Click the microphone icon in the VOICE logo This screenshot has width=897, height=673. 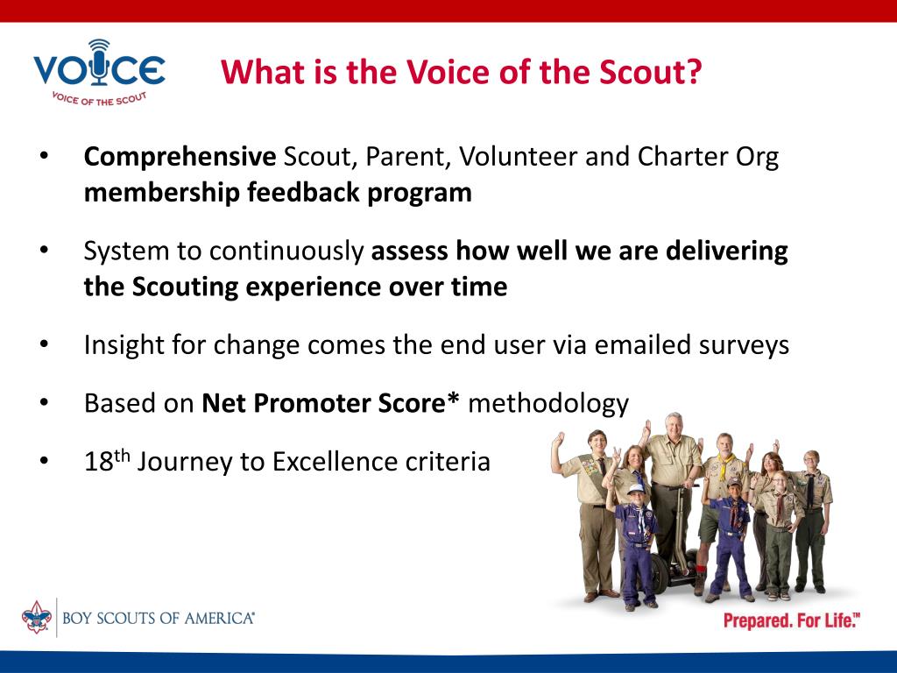click(100, 62)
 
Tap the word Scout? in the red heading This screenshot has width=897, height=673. click(651, 72)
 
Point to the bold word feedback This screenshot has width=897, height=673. click(302, 192)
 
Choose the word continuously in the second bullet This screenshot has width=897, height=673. click(286, 251)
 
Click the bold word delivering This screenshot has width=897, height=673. click(726, 251)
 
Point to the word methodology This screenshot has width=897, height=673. click(548, 404)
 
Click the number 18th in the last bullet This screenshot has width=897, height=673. click(107, 461)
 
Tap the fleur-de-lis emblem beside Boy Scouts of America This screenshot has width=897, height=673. click(37, 617)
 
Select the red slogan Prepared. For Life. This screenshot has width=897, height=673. click(792, 621)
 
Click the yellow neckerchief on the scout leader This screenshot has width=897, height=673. click(725, 465)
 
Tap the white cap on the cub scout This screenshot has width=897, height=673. click(636, 489)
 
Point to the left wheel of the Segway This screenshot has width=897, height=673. click(659, 572)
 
